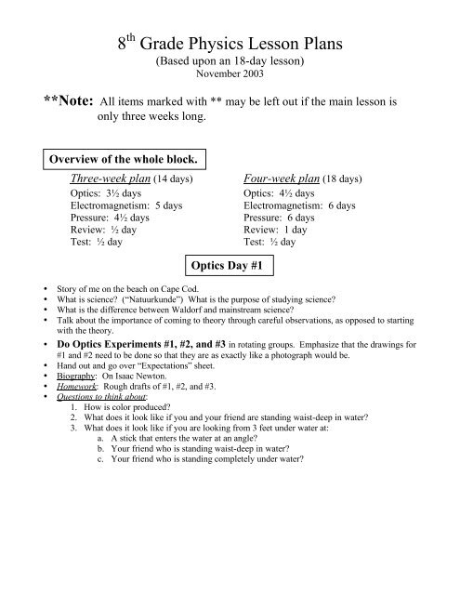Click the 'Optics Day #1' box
(230, 265)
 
